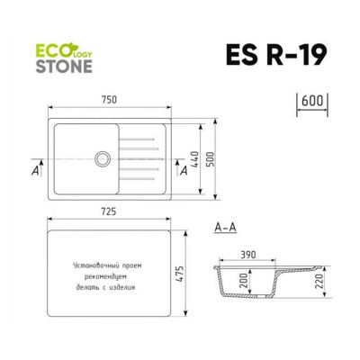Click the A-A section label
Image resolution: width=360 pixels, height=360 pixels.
[x=225, y=230]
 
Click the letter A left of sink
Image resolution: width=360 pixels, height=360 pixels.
[x=34, y=167]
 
